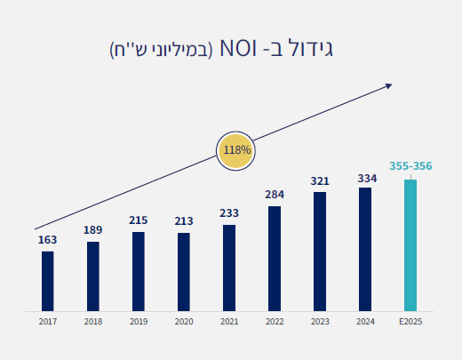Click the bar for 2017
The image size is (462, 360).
point(47,281)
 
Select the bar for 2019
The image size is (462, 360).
point(139,271)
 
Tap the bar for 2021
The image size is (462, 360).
point(229,268)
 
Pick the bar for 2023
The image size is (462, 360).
point(320,252)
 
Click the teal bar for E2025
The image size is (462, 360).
point(410,245)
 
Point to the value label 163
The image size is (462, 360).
point(47,240)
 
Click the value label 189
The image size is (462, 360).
point(92,230)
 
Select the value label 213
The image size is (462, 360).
point(184,221)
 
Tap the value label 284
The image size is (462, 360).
point(275,195)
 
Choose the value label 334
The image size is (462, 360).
point(365,178)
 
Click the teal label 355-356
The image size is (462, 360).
point(410,166)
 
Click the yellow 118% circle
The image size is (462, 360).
point(236,150)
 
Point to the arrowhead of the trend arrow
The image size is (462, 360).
point(387,86)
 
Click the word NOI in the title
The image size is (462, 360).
point(240,48)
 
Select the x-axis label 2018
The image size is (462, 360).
point(92,321)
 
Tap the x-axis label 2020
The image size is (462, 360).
point(184,321)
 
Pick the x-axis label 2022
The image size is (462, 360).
point(275,321)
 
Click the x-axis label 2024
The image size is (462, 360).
point(365,321)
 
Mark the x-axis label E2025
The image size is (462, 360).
point(410,321)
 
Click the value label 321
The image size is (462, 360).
point(320,180)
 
